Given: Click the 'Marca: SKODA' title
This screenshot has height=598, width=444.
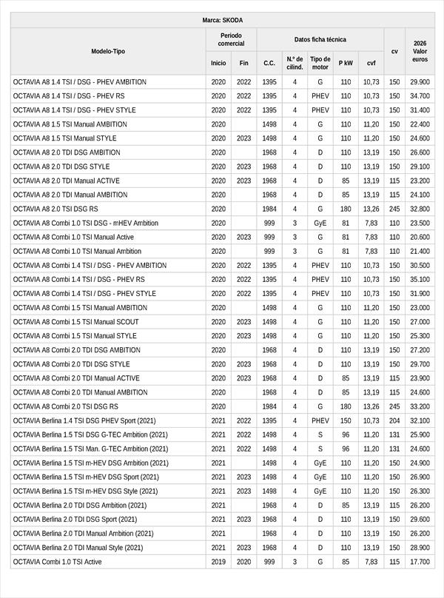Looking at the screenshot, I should point(222,20).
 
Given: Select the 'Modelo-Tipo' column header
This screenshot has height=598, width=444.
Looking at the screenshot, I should point(108,51).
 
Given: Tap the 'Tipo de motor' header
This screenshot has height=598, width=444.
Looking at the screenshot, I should point(320,63).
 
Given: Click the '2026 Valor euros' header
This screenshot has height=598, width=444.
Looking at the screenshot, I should point(420,51).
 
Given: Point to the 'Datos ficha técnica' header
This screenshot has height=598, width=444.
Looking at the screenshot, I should point(320,39).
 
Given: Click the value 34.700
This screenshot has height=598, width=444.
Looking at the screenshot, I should point(420,96).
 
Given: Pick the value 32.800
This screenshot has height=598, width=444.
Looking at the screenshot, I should point(420,209).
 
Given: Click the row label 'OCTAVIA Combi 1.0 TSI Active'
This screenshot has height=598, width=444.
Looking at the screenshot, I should point(58,562).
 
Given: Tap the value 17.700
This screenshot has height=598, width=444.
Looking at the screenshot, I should point(420,562).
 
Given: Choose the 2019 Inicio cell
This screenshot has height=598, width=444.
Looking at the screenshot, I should point(218,562).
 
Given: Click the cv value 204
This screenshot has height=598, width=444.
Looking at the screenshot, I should point(394,420).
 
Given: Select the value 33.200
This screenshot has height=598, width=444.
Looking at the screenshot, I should point(420,406).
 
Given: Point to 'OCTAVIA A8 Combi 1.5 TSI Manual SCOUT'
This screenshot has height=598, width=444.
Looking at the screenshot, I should point(75,322).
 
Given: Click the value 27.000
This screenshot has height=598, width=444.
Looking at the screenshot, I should point(420,322).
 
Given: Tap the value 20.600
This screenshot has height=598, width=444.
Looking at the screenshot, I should point(420,237).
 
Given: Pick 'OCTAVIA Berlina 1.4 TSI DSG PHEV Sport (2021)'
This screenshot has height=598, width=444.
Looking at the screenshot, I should point(84,420).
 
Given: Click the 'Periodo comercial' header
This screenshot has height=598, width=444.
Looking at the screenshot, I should point(231,39).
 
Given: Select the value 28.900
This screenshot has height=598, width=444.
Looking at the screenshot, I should point(420,548).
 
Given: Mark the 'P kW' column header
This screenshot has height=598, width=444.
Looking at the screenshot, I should point(346,63).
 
